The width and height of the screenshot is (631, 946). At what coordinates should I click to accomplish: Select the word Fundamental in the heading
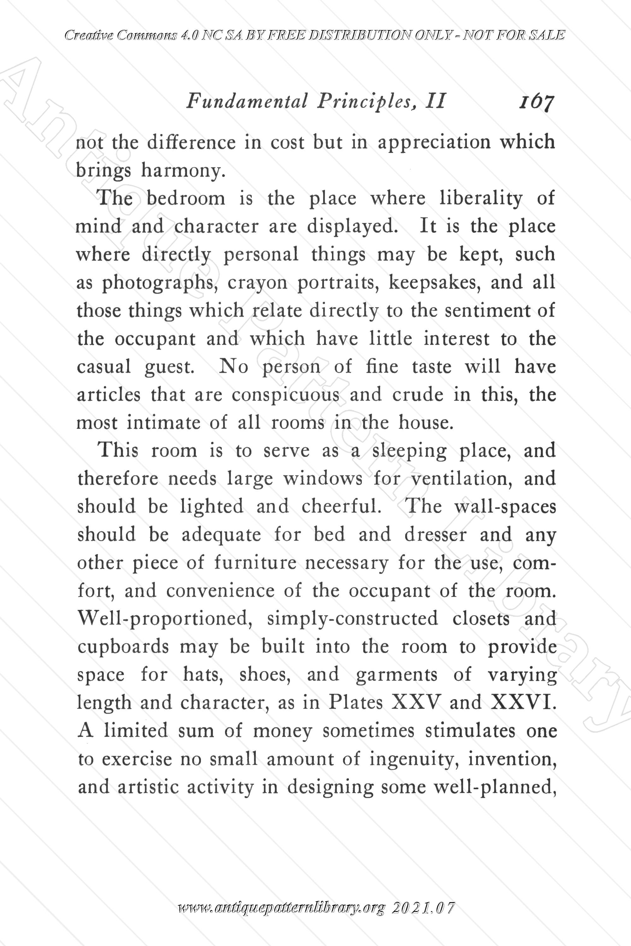pyautogui.click(x=247, y=101)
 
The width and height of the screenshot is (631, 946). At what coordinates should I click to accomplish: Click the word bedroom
pyautogui.click(x=186, y=199)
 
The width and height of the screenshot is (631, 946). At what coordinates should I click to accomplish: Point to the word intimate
pyautogui.click(x=163, y=423)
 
